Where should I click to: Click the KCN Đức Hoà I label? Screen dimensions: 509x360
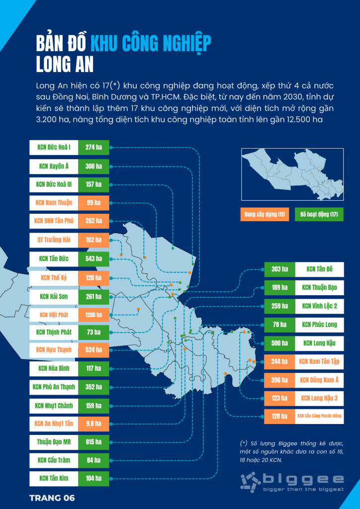pos(54,148)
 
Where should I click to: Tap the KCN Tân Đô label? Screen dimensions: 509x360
pos(319,269)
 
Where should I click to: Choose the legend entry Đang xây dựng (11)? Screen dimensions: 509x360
pos(265,214)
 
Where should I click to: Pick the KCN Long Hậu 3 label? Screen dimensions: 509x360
pos(319,398)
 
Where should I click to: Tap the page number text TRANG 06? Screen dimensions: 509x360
pos(52,498)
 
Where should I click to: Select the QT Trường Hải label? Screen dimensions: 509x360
pos(54,240)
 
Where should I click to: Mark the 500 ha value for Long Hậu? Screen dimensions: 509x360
pos(280,343)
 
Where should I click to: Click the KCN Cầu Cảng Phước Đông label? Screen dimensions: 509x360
pos(319,416)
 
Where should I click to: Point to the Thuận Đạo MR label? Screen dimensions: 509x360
pos(54,442)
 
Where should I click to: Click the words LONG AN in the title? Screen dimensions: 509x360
pos(65,65)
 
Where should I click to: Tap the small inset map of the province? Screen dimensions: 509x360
pos(292,174)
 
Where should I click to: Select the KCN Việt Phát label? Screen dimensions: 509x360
pos(54,315)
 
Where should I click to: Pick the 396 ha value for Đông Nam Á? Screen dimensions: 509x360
pos(280,380)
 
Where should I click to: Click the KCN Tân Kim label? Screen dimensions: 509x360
pos(54,478)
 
